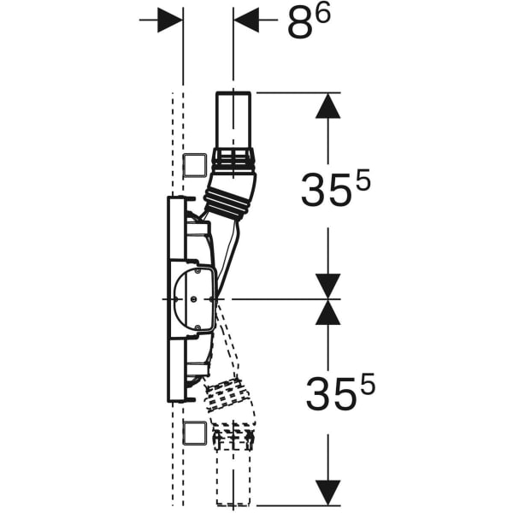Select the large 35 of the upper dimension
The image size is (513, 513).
(x=322, y=191)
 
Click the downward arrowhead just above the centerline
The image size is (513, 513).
(x=328, y=286)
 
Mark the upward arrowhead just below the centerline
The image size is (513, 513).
(x=328, y=313)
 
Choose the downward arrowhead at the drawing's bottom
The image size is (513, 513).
(x=328, y=492)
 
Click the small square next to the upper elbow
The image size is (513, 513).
(x=195, y=163)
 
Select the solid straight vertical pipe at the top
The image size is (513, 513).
(x=233, y=120)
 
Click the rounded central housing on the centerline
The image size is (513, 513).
(x=192, y=299)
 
